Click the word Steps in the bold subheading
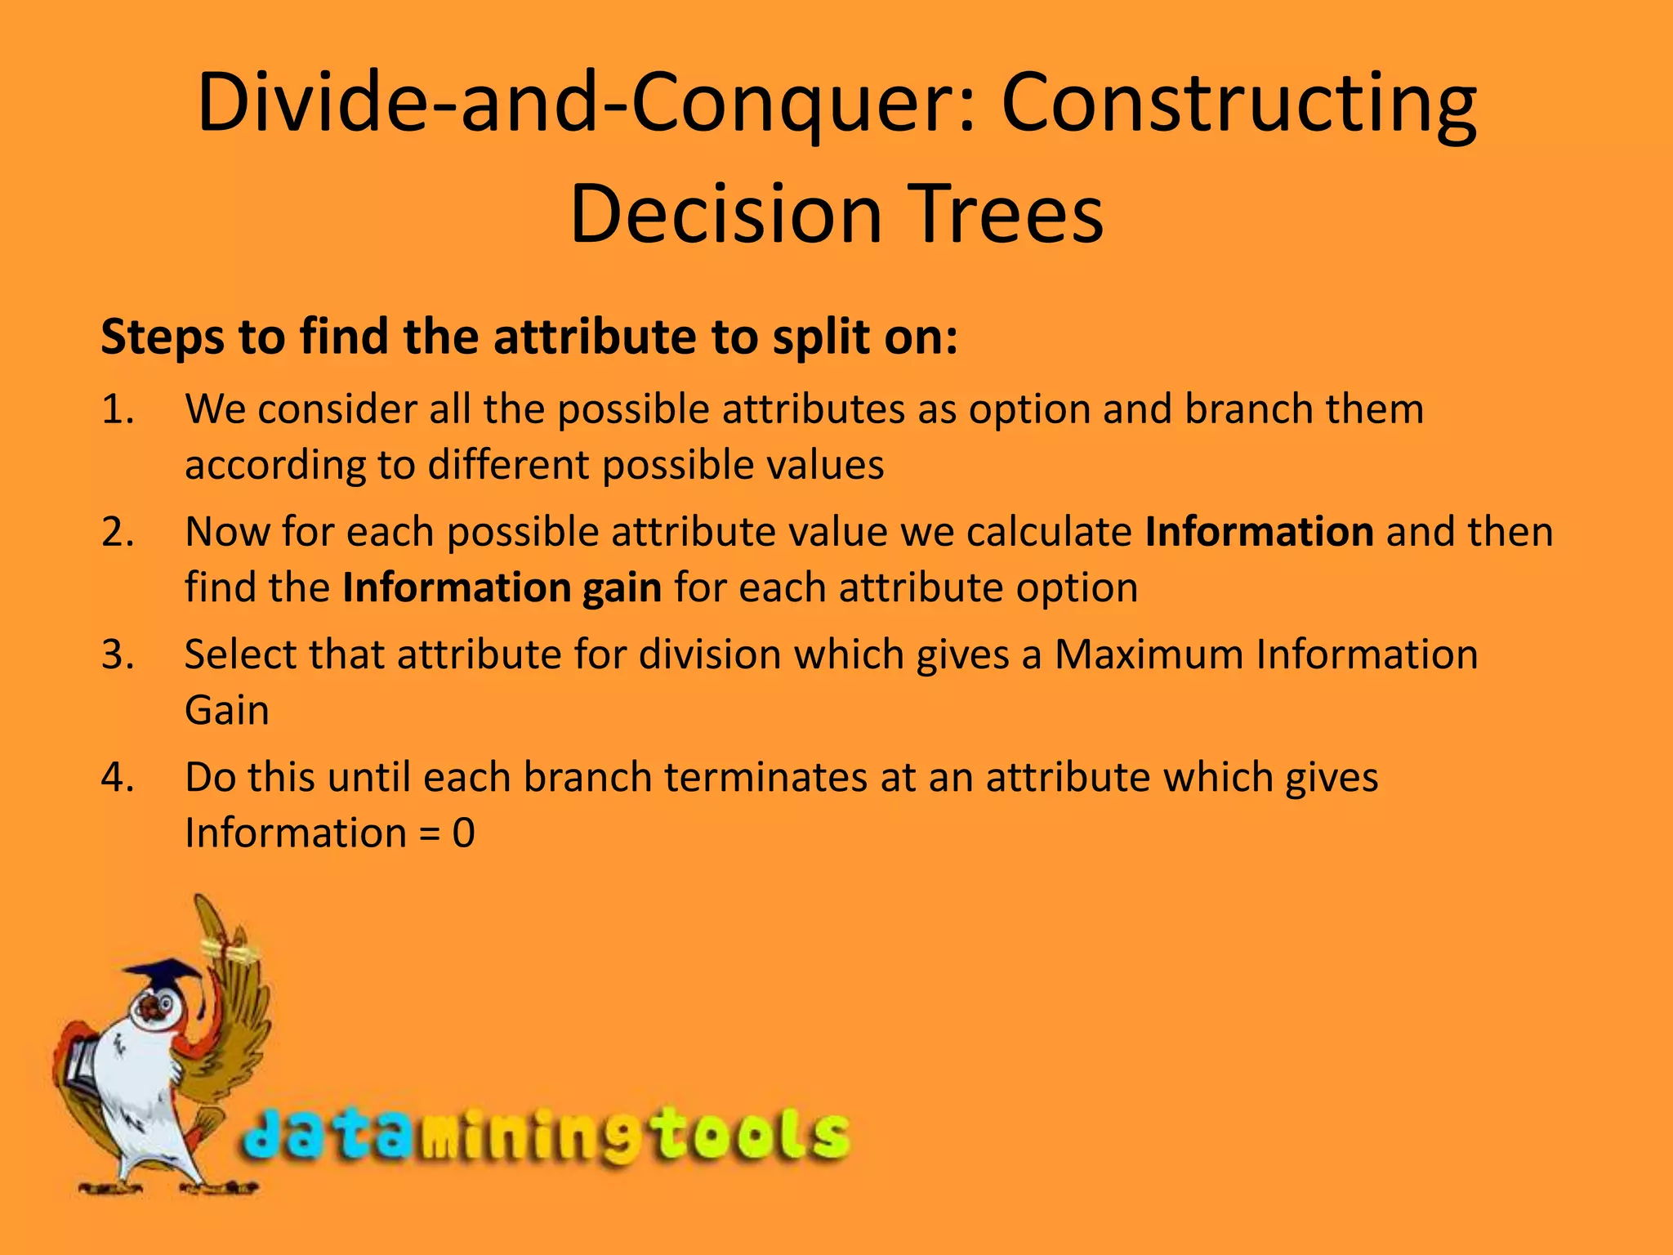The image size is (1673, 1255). pos(162,337)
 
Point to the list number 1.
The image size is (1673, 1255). pos(117,409)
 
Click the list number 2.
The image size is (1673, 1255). pos(117,532)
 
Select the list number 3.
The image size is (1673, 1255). pos(117,654)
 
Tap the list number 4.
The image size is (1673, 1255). pos(117,777)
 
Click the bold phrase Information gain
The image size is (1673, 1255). pos(502,587)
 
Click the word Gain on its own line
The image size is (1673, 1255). pos(226,710)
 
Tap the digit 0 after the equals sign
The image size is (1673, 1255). pos(463,833)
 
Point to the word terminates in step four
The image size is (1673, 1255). pos(765,777)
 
